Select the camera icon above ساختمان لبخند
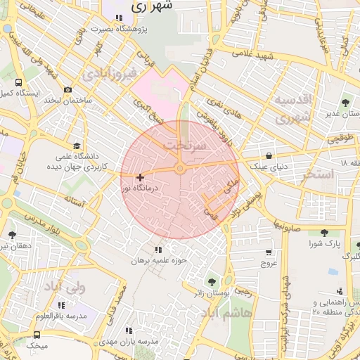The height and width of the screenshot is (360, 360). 67,90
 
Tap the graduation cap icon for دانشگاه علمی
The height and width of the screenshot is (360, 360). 75,146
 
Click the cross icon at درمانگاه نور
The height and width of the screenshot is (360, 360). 141,177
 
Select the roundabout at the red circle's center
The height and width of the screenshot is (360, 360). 180,169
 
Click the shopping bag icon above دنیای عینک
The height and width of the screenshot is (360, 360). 269,155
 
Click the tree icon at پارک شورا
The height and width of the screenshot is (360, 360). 324,233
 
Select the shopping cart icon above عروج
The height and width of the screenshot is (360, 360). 269,252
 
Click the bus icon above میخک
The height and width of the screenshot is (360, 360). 37,335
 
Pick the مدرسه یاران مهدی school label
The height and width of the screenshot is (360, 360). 139,341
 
